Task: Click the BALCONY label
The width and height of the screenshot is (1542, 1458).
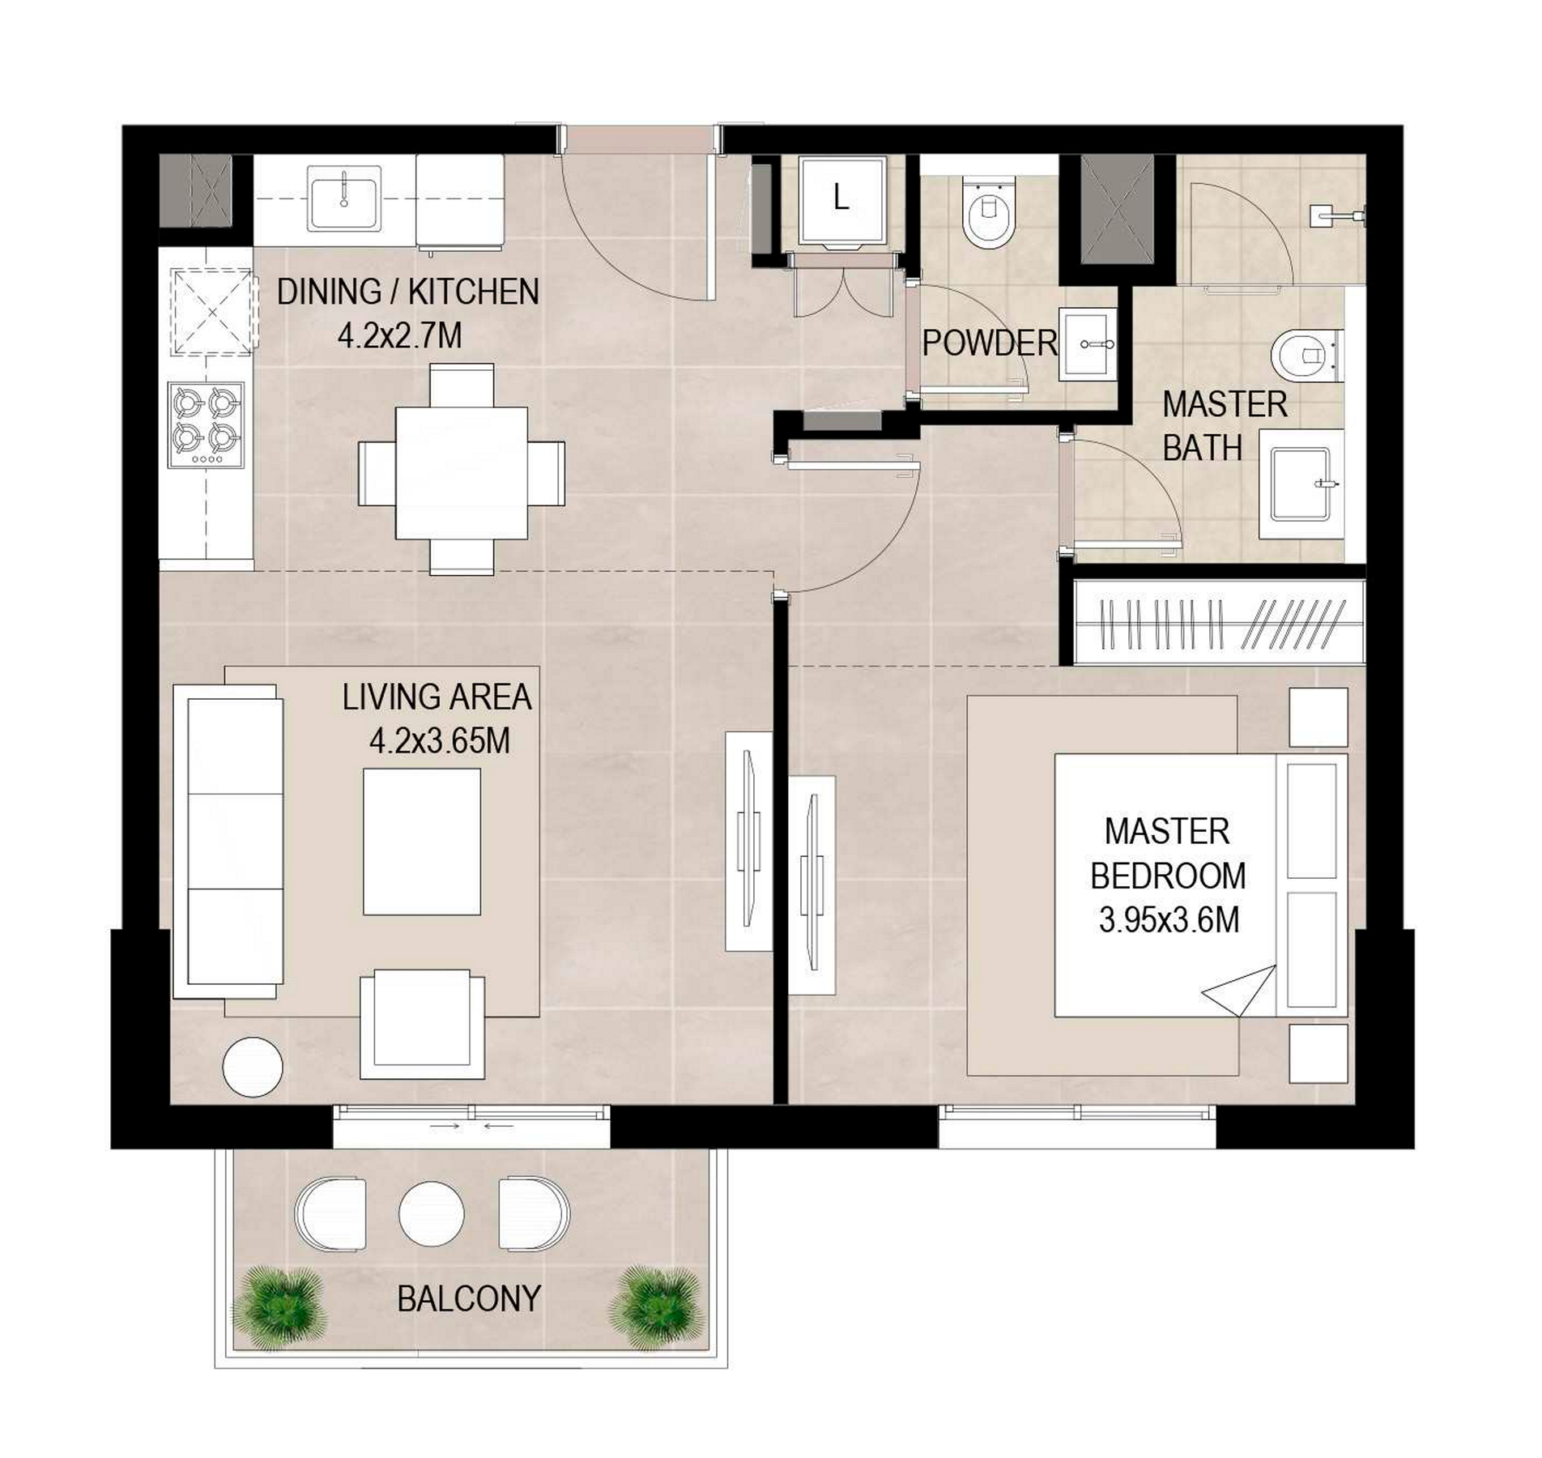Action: pos(469,1298)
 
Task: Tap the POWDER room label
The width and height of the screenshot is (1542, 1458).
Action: pos(990,343)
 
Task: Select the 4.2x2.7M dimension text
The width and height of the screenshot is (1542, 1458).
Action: pos(399,335)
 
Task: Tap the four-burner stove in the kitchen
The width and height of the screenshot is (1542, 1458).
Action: pos(206,424)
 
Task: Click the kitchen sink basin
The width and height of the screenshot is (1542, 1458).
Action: pos(343,198)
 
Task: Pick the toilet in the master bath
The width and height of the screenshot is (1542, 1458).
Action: pos(1306,354)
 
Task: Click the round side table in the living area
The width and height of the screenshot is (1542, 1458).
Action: pos(253,1067)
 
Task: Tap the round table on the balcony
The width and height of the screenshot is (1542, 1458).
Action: pos(432,1214)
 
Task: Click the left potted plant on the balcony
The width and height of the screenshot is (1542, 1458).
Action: pos(279,1308)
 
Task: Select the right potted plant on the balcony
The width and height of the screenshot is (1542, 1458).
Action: pos(657,1308)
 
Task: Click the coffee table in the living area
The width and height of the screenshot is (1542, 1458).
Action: pos(421,842)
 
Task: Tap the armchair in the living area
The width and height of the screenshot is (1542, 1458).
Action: pos(422,1024)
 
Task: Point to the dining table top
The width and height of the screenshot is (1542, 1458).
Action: pos(461,473)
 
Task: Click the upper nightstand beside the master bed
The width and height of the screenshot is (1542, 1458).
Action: pos(1318,717)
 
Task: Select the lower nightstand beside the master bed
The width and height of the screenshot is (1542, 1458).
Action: pos(1318,1053)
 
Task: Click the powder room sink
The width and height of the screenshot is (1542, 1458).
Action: pos(1088,343)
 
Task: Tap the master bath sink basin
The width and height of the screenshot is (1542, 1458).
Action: pos(1301,484)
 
